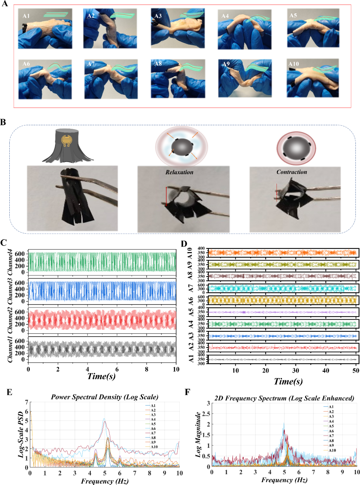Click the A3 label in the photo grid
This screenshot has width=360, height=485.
click(158, 16)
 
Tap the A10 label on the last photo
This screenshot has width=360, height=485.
click(293, 64)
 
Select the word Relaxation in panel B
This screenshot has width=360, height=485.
click(179, 172)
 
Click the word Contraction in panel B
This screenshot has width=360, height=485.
click(292, 172)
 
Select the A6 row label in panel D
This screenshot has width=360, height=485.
click(191, 301)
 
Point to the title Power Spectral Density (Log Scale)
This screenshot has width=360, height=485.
click(104, 397)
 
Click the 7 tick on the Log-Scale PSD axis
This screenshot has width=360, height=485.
click(27, 402)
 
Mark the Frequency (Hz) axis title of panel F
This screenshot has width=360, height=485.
click(284, 480)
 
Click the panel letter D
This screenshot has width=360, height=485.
click(184, 244)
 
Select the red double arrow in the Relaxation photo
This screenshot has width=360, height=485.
click(166, 197)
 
